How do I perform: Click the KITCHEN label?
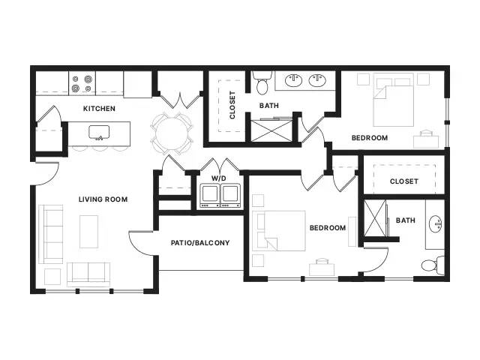click(99, 108)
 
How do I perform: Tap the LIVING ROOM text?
click(103, 199)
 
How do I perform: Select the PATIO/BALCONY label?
click(200, 243)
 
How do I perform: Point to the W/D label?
click(219, 178)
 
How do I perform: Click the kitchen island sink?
click(99, 132)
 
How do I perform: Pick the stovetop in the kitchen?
click(82, 83)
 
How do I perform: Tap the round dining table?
click(171, 133)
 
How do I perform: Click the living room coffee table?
click(89, 232)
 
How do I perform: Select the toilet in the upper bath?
click(262, 83)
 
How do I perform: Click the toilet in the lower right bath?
click(433, 265)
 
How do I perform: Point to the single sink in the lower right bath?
click(436, 223)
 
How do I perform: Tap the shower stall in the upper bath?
click(271, 130)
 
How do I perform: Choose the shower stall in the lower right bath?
click(375, 218)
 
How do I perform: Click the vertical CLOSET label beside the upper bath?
click(232, 105)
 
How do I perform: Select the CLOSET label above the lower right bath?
click(403, 181)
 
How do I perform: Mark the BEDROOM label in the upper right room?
click(370, 138)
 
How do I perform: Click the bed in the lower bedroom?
click(279, 231)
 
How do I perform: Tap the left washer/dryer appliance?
click(210, 196)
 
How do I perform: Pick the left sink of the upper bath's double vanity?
click(293, 80)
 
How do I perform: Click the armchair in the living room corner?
click(52, 277)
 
